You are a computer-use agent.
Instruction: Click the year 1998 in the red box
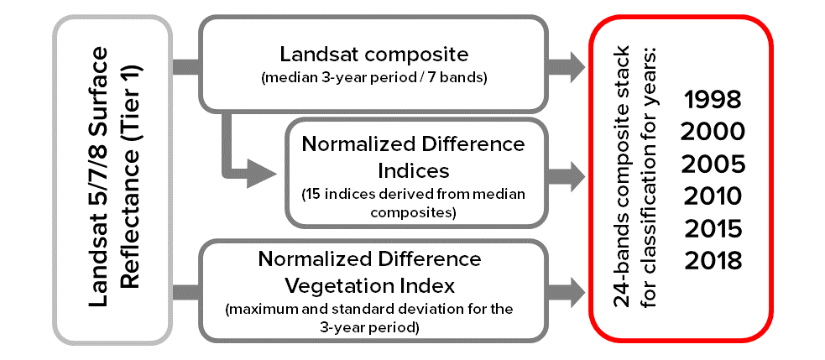[713, 100]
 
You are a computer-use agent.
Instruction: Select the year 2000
[713, 132]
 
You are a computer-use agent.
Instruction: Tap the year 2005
[713, 164]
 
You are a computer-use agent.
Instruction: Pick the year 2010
[713, 196]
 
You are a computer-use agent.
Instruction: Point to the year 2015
[713, 228]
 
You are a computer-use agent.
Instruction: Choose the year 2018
[713, 260]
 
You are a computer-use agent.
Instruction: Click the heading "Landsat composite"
[373, 55]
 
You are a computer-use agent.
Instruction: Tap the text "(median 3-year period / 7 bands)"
[373, 79]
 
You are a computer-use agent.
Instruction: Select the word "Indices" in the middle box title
[414, 170]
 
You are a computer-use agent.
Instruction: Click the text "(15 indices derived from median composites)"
[414, 204]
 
